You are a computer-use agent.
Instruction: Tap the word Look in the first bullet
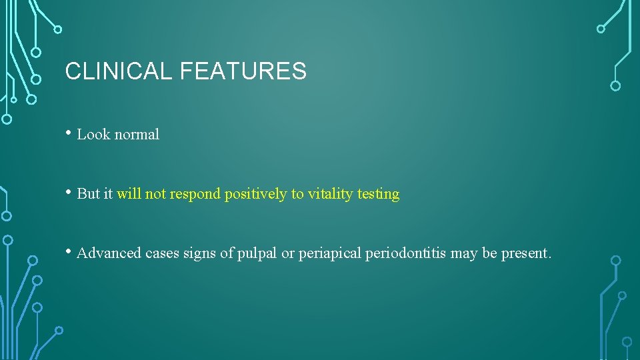click(x=93, y=135)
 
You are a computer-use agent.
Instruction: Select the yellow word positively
click(x=255, y=194)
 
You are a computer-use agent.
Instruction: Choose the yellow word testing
click(x=378, y=194)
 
